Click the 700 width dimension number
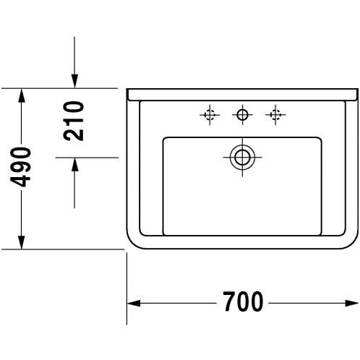[x=243, y=301]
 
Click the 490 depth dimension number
[x=20, y=167]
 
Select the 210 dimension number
[x=74, y=121]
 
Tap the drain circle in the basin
[x=242, y=158]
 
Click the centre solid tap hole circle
[x=242, y=115]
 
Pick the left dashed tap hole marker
[x=210, y=115]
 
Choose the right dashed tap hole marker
[x=275, y=115]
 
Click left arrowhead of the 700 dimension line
[x=134, y=303]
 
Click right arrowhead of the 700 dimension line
[x=352, y=303]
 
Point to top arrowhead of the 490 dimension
[x=22, y=95]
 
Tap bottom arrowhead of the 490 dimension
[x=22, y=242]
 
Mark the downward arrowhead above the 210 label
[x=74, y=82]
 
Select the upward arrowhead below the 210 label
[x=75, y=165]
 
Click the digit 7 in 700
[x=229, y=301]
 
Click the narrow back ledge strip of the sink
[x=242, y=95]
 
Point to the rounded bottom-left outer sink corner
[x=132, y=244]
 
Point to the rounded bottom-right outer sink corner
[x=353, y=244]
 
